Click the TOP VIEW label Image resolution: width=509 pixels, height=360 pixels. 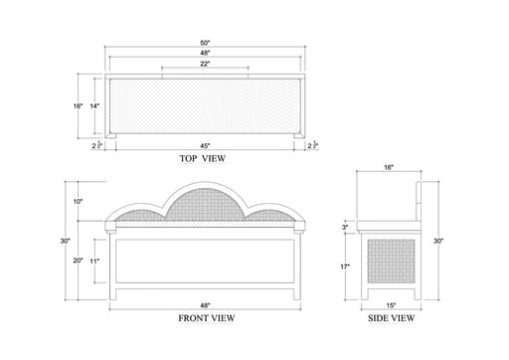(x=203, y=158)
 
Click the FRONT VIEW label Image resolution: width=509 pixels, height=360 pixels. (x=207, y=318)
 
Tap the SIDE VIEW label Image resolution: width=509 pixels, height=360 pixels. (x=391, y=318)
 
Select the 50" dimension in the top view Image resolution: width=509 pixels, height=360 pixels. (x=205, y=43)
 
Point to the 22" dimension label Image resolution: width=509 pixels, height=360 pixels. (x=205, y=64)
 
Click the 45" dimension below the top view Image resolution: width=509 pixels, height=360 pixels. (x=205, y=146)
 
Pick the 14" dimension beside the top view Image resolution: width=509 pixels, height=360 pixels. (x=94, y=106)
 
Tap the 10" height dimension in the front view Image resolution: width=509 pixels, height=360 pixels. (x=78, y=201)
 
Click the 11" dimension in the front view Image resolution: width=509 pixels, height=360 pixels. (x=94, y=261)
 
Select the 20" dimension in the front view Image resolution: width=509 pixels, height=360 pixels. (x=78, y=261)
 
